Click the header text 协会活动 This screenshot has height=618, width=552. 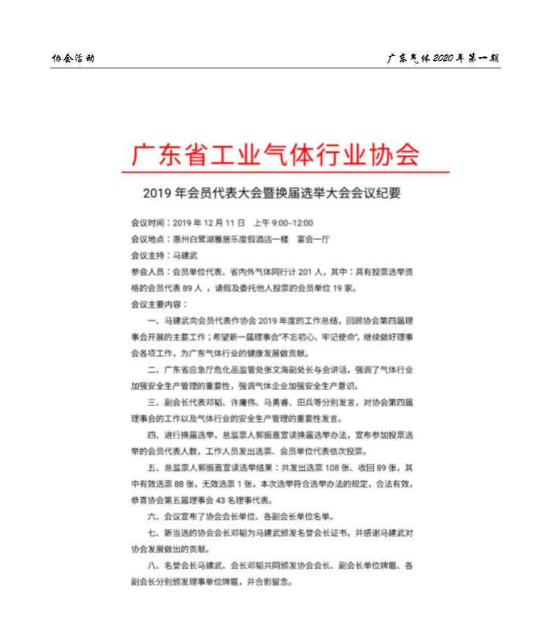tap(73, 58)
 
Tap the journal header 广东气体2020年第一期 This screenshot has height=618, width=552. tap(443, 58)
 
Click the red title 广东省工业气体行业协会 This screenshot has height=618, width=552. tap(276, 154)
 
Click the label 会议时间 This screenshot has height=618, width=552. tap(147, 223)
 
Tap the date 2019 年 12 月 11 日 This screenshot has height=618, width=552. tap(209, 223)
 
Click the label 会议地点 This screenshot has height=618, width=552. tap(147, 239)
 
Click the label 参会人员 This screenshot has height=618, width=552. tap(147, 271)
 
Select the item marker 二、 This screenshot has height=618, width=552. tap(155, 369)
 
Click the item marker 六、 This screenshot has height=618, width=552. tap(155, 516)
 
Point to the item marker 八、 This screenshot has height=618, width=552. tap(155, 565)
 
